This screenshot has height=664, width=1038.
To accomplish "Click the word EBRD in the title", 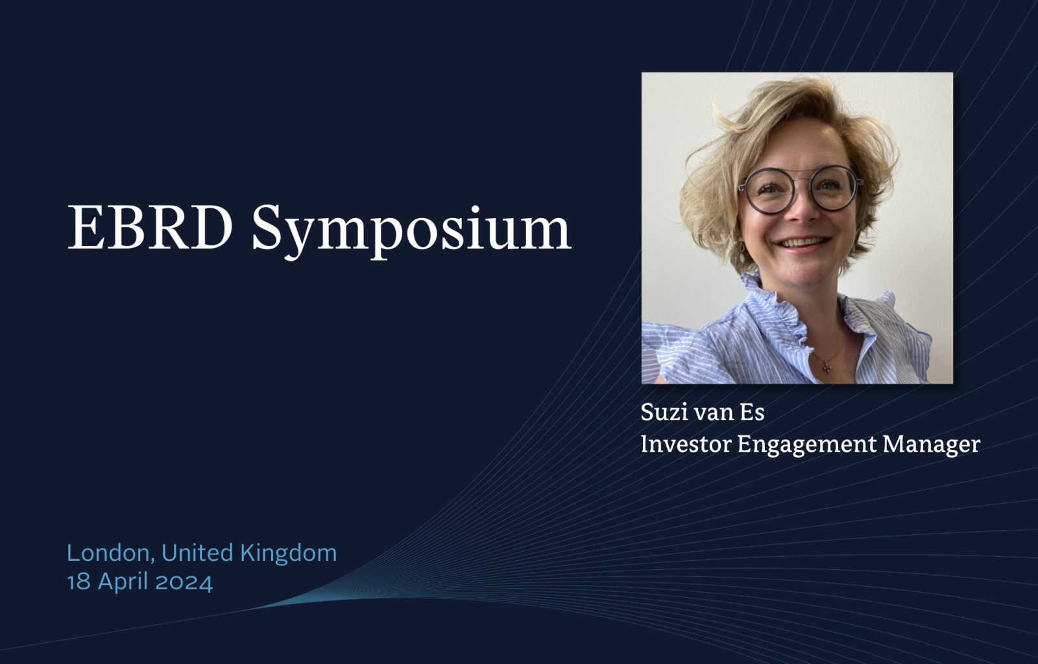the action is [150, 227].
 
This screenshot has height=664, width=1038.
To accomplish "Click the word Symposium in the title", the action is [411, 230].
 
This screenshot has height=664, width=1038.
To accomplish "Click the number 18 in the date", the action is [78, 582].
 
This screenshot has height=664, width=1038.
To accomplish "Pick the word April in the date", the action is [123, 583].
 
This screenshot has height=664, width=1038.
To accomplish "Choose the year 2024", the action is [184, 582].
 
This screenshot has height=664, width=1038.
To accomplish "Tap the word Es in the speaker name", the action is [752, 412].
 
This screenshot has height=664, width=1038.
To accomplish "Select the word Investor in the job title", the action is [685, 444].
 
